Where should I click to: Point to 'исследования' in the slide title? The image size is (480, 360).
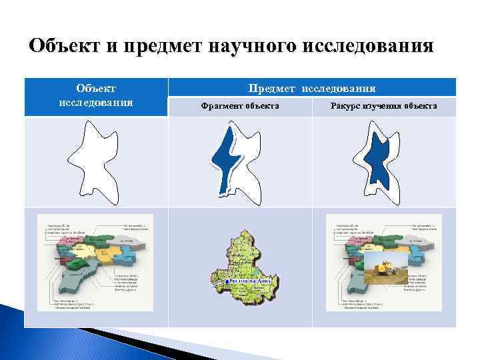point(369,48)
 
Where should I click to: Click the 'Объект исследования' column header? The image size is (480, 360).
point(95,95)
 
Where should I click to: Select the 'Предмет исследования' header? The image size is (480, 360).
point(311,88)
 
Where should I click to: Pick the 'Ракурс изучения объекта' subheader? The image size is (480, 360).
point(384,107)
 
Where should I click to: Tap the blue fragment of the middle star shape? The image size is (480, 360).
point(223,157)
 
